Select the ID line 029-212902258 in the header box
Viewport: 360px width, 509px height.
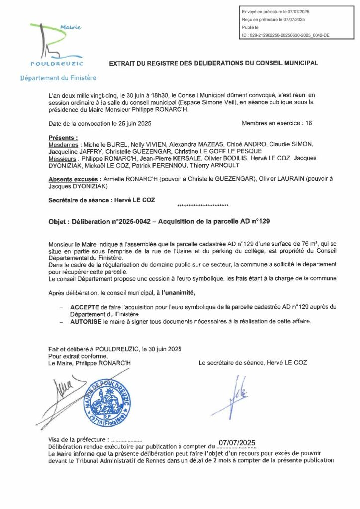pyautogui.click(x=285, y=36)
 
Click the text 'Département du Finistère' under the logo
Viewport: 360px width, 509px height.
pyautogui.click(x=58, y=78)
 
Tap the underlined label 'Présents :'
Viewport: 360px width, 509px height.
pyautogui.click(x=63, y=137)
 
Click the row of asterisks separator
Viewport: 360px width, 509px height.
pyautogui.click(x=202, y=205)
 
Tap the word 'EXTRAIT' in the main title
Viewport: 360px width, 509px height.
pyautogui.click(x=123, y=63)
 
